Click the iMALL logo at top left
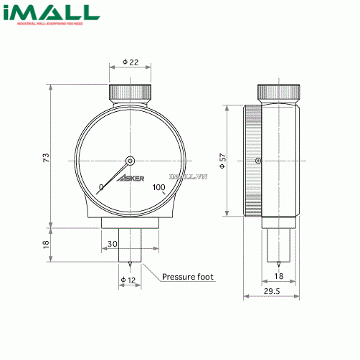[49, 15]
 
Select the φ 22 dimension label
[131, 62]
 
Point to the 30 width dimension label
[112, 245]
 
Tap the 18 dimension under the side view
[279, 275]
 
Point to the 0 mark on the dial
[101, 188]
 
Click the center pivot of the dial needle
[131, 161]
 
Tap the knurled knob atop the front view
[131, 93]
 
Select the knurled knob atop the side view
[278, 93]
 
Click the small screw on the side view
[257, 160]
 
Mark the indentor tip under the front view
[131, 261]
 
